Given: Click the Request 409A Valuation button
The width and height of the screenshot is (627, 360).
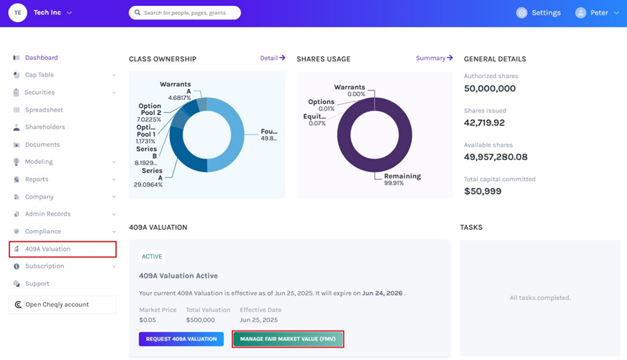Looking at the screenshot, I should pos(181,339).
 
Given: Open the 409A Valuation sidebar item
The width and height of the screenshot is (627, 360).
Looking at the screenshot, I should pos(48,249).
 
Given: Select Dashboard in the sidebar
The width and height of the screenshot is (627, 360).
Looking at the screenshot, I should pos(41,58).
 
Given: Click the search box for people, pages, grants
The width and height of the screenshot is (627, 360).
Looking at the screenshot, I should pos(185,13).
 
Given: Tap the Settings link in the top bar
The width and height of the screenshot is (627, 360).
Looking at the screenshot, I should pos(539,13).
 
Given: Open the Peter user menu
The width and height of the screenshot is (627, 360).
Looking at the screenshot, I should pos(598,13).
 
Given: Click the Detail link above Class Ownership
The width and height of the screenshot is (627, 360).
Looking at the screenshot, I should pos(272,58).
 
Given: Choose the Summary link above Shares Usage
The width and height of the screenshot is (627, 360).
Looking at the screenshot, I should pos(434,58).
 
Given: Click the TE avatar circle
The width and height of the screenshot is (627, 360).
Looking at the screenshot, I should pos(17,13).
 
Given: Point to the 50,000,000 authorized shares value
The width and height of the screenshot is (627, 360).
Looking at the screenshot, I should pos(490,89).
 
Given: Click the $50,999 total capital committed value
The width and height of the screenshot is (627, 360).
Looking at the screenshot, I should pos(483,191).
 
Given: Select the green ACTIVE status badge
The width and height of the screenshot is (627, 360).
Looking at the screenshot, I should pos(152,257).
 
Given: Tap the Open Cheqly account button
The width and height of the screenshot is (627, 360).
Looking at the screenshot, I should pos(57,305).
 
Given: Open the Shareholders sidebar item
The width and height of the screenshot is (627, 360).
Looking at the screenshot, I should pos(45,127).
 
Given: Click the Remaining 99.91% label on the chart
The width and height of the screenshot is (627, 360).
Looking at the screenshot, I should pos(402,179).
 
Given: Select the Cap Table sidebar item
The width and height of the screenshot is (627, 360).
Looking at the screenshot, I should pos(39,75).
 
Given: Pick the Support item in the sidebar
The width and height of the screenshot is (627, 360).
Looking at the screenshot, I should pos(37,284).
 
